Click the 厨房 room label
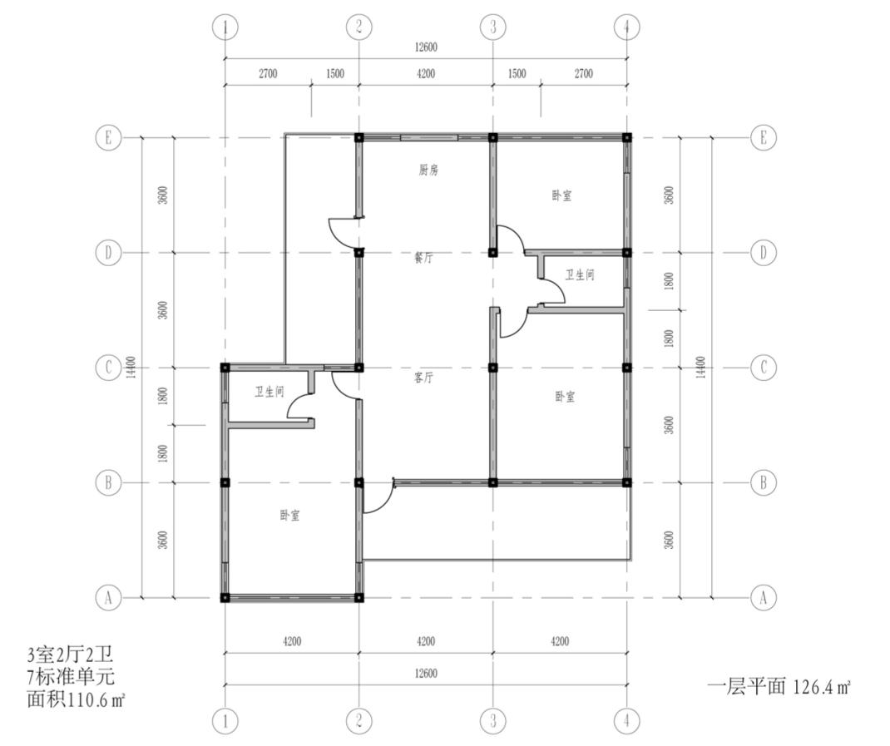(428, 170)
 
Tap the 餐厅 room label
(423, 258)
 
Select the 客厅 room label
(423, 378)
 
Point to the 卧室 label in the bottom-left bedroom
(289, 516)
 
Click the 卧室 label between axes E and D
(562, 195)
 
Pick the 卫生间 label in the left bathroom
(269, 392)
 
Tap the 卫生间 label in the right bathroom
(580, 275)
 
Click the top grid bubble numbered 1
(225, 27)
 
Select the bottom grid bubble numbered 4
(626, 721)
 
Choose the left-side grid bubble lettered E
(108, 137)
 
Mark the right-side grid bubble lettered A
(763, 597)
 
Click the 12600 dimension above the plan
(426, 47)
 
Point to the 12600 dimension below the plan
(426, 674)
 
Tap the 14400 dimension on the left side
(131, 368)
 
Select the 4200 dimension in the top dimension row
(426, 73)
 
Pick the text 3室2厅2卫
(71, 655)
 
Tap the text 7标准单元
(71, 677)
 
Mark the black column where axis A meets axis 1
(225, 597)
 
